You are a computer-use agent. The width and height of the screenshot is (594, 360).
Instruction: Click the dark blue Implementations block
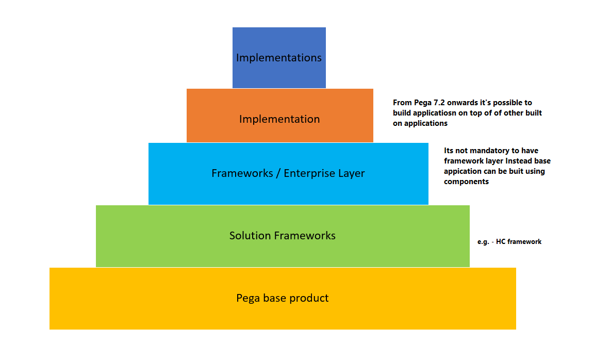point(279,58)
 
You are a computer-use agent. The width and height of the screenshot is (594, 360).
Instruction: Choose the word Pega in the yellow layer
point(248,298)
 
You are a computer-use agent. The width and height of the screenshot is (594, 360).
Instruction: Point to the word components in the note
point(466,182)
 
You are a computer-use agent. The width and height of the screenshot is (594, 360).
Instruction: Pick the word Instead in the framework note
point(516,161)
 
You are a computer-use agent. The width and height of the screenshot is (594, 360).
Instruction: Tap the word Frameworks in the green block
point(305,236)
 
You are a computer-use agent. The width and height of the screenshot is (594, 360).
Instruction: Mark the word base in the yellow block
point(274,298)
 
